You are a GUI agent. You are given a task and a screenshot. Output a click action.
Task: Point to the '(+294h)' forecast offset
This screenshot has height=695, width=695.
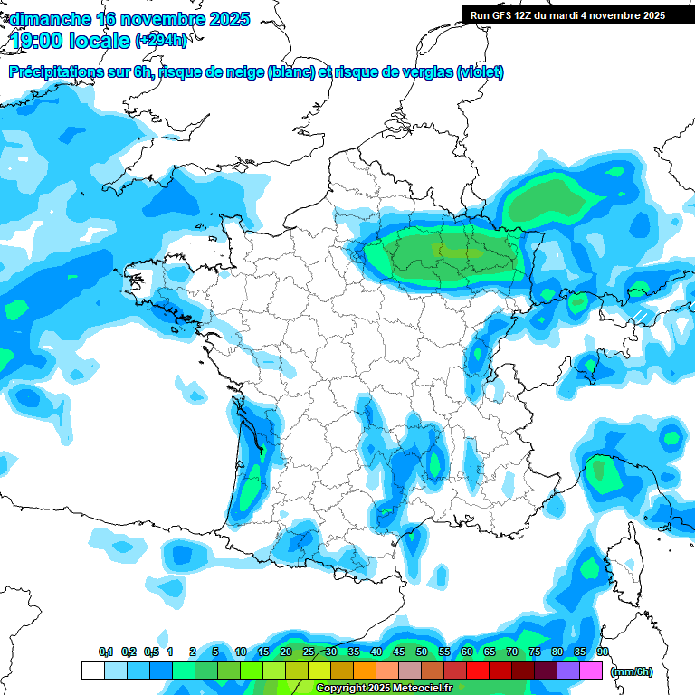[161, 41]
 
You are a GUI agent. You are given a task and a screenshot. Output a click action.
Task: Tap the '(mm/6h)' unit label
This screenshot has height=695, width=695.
[632, 671]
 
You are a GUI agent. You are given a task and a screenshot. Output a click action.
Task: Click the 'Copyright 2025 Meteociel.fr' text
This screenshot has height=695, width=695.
[384, 688]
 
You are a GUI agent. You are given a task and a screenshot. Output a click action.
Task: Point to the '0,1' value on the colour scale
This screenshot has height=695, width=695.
[106, 652]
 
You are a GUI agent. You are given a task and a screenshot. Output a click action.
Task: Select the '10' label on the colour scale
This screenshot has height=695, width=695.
[241, 652]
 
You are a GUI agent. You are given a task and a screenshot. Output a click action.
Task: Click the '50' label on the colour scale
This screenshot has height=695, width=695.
[422, 652]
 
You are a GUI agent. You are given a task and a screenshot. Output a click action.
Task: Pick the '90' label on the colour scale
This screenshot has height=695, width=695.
[602, 652]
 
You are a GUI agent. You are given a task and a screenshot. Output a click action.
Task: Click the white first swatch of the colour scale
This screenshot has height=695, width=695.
[92, 670]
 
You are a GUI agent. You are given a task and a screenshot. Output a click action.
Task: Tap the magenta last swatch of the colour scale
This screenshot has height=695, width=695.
[591, 670]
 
